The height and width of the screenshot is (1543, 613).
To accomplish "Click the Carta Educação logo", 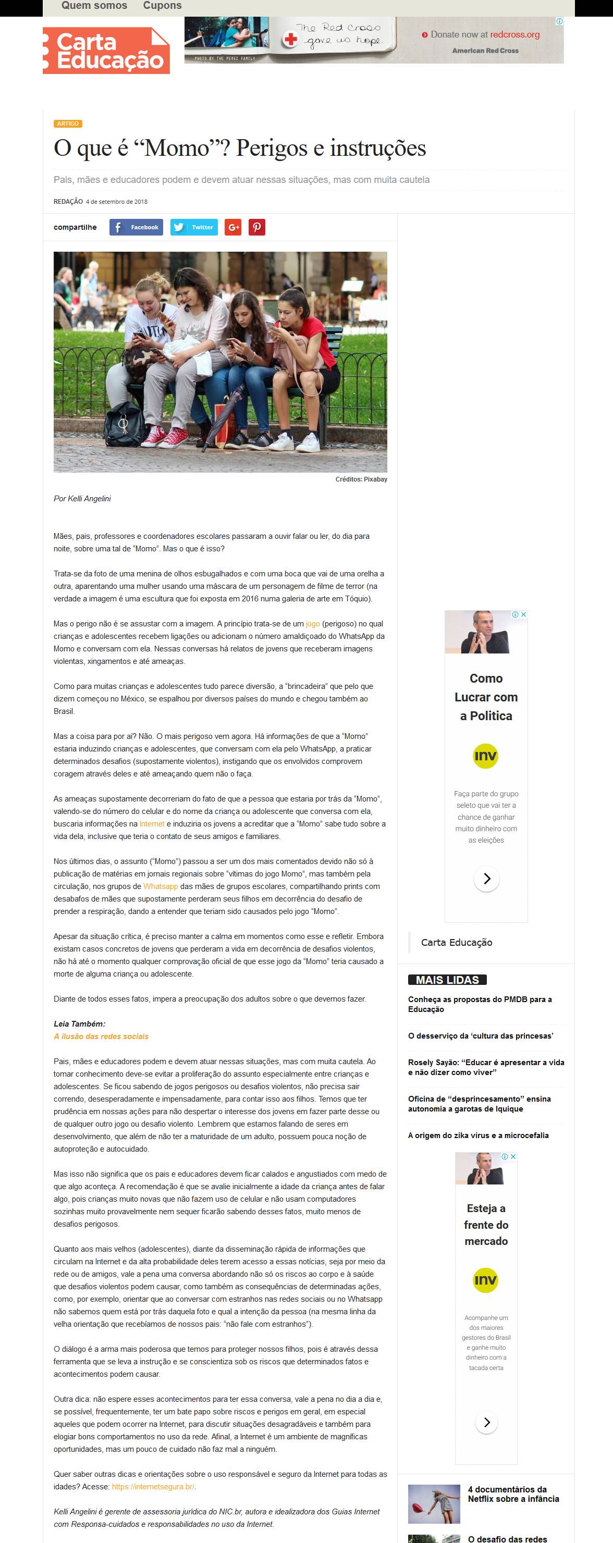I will tap(106, 51).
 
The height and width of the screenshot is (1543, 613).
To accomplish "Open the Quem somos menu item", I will tap(94, 6).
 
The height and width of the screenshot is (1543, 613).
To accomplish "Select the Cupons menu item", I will tap(162, 6).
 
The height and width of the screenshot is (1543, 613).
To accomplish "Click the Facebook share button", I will tap(136, 227).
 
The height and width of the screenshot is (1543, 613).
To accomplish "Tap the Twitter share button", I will tap(193, 227).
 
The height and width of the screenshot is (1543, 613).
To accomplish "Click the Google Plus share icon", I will tap(232, 227).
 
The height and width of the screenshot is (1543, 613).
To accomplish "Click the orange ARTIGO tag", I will tap(68, 124).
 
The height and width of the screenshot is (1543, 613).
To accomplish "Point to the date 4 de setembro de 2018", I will tap(116, 202).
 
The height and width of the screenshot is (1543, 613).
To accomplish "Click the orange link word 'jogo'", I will tap(313, 624).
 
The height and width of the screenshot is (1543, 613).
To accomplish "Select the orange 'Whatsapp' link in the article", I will tap(161, 886).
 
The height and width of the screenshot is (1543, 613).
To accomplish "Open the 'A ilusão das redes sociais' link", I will tap(101, 1036).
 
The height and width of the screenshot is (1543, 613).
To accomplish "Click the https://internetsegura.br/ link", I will tap(153, 1486).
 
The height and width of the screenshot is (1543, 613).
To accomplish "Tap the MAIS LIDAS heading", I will tap(447, 979).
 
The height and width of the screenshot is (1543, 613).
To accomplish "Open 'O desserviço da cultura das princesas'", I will tap(480, 1035).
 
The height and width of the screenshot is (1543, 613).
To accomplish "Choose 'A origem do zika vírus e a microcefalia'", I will tap(478, 1135).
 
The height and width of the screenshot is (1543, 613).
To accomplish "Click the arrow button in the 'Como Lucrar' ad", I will tap(486, 879).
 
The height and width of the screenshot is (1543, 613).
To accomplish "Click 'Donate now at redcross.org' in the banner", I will tap(485, 35).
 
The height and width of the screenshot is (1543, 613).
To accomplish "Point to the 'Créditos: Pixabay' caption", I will tap(361, 479).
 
